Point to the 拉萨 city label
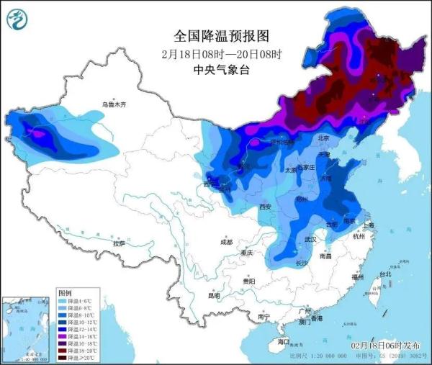coord(118,244)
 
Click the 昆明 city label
coord(215,295)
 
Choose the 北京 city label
coord(323,138)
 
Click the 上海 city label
coord(369,225)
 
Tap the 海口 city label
coord(284,341)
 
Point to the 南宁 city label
coord(264,317)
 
